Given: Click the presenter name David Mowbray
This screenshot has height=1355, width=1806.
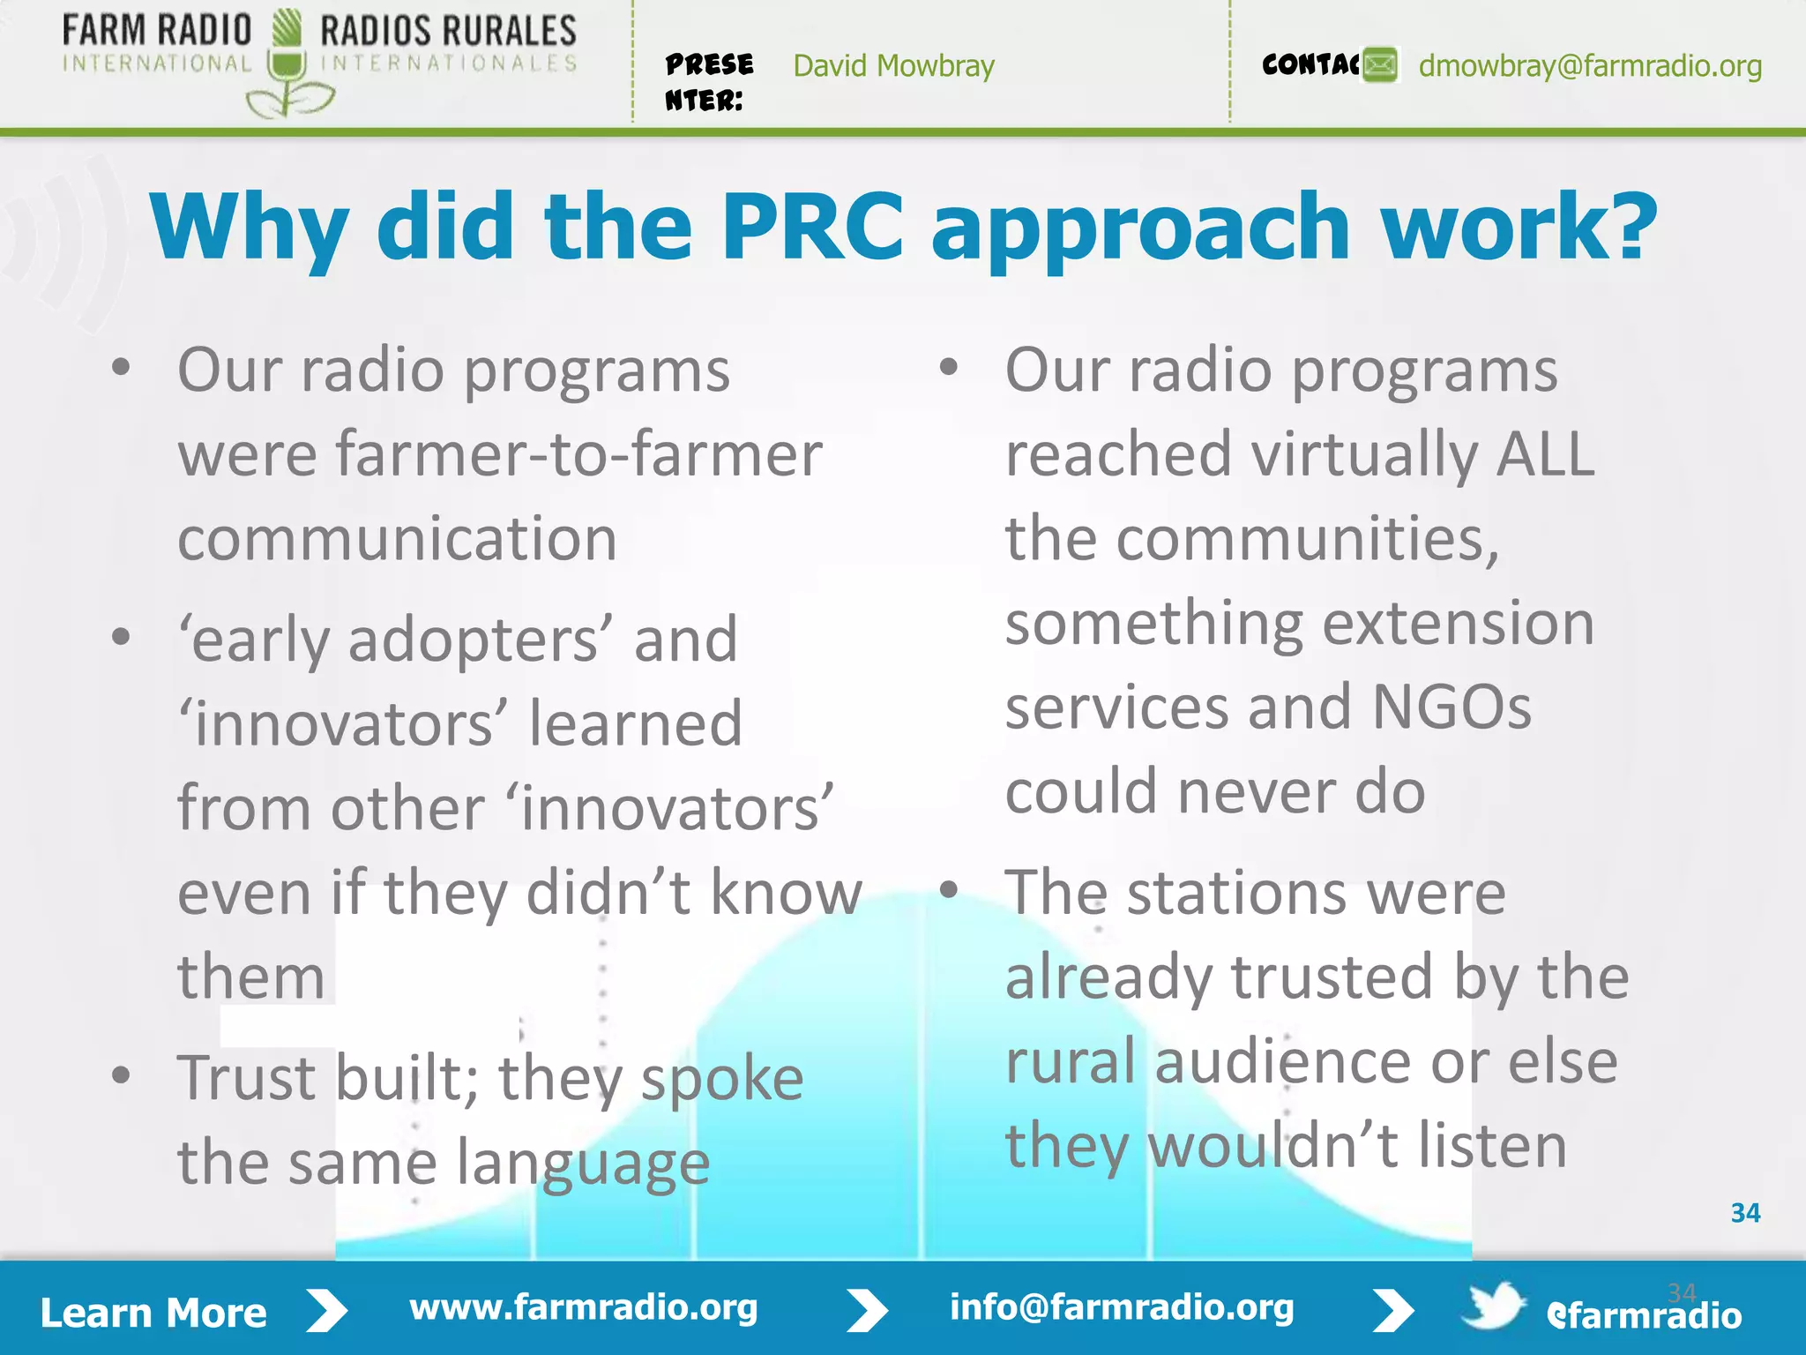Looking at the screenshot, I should click(x=893, y=65).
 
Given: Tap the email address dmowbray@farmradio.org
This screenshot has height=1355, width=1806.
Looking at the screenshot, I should click(x=1589, y=65).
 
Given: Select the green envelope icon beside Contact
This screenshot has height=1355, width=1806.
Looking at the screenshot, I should click(x=1380, y=65).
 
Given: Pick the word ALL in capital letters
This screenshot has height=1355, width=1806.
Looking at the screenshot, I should click(x=1545, y=454).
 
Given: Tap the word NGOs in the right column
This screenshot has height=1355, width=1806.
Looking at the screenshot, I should click(x=1452, y=707).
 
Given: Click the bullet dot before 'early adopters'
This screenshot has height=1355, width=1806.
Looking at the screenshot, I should click(x=122, y=635).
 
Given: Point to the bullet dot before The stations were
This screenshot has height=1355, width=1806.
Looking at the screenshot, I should click(x=949, y=888).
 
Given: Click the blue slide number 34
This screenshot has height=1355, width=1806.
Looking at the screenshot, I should click(x=1745, y=1213).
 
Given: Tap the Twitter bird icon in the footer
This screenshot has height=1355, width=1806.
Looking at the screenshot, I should click(x=1492, y=1306).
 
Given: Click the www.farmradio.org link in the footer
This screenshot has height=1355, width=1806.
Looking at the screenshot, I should click(x=583, y=1307).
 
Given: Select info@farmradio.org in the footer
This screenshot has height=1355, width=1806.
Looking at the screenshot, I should click(x=1121, y=1307).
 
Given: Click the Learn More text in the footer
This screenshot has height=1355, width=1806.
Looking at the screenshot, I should click(x=153, y=1313).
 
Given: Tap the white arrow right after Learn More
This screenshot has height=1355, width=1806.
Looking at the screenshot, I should click(x=327, y=1311).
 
